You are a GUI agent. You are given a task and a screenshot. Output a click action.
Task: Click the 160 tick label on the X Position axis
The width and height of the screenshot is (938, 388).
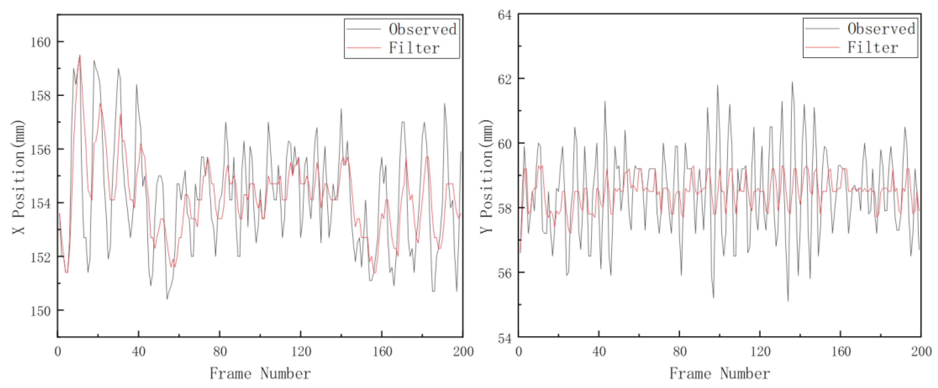click(x=40, y=42)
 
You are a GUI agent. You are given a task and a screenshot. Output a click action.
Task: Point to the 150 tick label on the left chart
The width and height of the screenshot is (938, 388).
click(x=40, y=311)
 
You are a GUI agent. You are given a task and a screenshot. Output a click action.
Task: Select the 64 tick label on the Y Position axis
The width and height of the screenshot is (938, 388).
click(x=504, y=15)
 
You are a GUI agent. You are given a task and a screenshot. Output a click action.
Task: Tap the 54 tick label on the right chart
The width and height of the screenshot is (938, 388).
click(x=504, y=339)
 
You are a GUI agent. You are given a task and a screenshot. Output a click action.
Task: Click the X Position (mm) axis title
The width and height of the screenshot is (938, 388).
click(x=18, y=177)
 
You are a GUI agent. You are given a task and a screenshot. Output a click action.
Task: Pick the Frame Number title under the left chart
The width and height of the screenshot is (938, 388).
click(x=260, y=373)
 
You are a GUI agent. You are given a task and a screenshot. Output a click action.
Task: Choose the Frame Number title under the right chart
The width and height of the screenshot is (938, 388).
click(x=720, y=373)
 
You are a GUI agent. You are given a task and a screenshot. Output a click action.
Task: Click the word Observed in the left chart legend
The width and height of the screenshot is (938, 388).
click(x=423, y=29)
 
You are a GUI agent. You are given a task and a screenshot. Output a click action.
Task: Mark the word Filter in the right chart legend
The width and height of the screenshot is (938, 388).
click(x=873, y=47)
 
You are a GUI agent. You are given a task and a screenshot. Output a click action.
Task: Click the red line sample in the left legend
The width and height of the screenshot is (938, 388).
click(x=363, y=48)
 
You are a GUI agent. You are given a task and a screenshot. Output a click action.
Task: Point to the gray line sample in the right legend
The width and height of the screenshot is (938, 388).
click(x=822, y=28)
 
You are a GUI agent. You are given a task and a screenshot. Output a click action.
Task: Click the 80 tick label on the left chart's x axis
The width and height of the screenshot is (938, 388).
click(x=220, y=352)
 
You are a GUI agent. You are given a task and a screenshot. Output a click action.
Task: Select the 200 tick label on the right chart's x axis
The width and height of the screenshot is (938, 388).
click(x=921, y=352)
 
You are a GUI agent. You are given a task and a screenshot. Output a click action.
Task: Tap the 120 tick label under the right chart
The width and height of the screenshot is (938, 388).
click(x=760, y=352)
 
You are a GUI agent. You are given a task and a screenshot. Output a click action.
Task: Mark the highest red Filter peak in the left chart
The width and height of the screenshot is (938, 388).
click(x=80, y=56)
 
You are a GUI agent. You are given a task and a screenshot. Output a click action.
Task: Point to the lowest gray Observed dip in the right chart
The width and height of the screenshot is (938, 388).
click(x=788, y=301)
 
